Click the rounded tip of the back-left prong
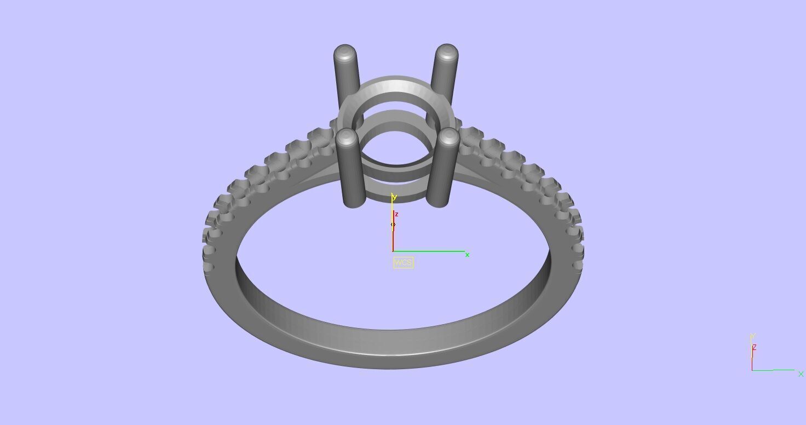[345, 54]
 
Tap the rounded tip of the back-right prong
[447, 53]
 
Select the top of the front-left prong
[347, 137]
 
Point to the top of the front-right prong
[448, 137]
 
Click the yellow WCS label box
[403, 262]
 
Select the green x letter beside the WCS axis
[467, 255]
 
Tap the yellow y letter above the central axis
[394, 197]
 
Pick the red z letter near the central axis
[396, 214]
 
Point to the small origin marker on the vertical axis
[393, 224]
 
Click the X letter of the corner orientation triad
[801, 374]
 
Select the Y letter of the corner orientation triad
[753, 336]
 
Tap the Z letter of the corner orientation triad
[755, 347]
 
